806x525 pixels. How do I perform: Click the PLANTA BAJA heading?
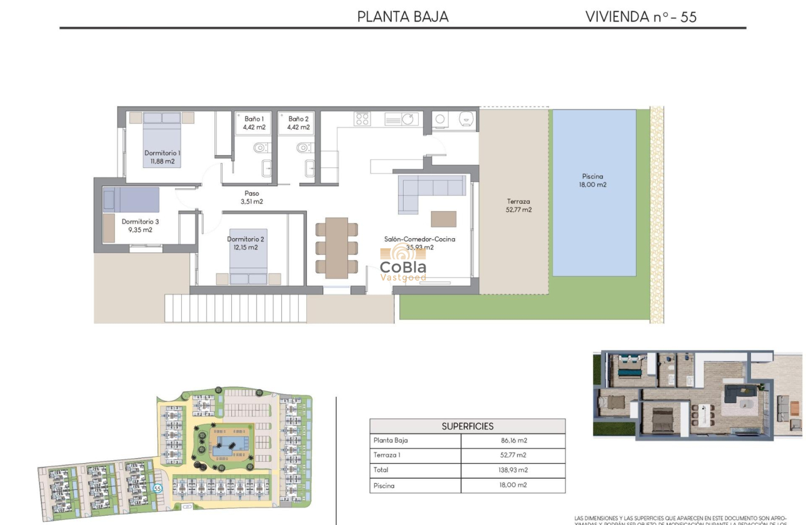point(403,17)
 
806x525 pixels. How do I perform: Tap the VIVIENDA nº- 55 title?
point(640,17)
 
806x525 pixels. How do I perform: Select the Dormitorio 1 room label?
point(162,157)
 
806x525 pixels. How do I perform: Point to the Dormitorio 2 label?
point(246,243)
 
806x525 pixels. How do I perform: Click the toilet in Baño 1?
point(260,148)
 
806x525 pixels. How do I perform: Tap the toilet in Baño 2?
point(303,148)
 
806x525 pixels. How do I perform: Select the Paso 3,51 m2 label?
point(252,197)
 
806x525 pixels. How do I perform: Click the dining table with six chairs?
point(337,247)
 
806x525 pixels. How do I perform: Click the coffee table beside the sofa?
point(444,219)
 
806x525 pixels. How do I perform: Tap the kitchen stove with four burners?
point(362,118)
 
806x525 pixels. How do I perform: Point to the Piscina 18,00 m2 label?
point(593,180)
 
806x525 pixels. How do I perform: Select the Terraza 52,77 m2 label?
point(519,206)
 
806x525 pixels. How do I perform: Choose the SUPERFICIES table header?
point(467,426)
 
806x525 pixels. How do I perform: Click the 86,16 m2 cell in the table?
point(513,441)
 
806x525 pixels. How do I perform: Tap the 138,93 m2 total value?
point(513,471)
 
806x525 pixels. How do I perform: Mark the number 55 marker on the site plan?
point(157,489)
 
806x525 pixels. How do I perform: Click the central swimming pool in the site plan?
point(228,446)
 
